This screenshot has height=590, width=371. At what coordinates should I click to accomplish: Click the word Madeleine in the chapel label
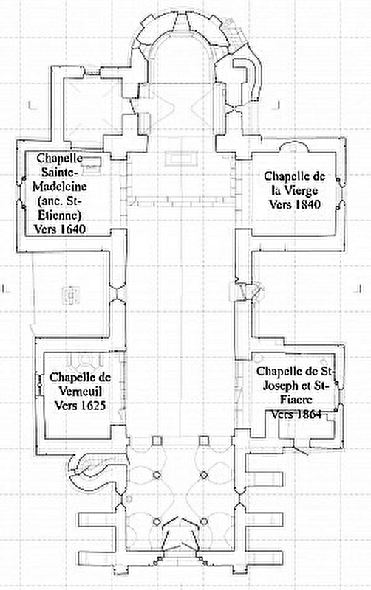tap(60, 187)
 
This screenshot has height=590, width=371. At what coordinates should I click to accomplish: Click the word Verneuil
tap(81, 392)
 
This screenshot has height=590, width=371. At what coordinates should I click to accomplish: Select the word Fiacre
tap(296, 400)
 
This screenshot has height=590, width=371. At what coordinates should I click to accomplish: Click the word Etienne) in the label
tap(60, 215)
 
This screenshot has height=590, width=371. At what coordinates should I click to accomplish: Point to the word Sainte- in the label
tap(60, 172)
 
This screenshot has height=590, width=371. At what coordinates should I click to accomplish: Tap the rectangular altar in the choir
tap(181, 158)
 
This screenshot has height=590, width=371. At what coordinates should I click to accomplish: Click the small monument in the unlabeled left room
tap(70, 295)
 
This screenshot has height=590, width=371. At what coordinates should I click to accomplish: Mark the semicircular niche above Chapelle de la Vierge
tap(294, 146)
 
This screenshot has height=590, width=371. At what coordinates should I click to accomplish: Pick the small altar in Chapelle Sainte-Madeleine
tap(91, 165)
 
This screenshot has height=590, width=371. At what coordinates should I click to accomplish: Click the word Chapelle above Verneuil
tap(81, 377)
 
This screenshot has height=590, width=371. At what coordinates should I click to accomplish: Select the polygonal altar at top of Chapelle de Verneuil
tap(84, 359)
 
